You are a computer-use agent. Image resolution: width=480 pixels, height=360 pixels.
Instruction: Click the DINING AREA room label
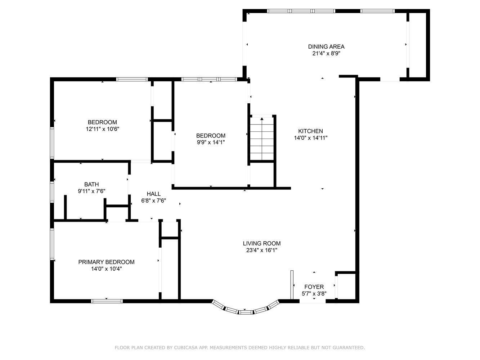[x=326, y=46]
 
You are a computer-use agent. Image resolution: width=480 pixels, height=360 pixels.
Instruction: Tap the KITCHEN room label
[x=310, y=131]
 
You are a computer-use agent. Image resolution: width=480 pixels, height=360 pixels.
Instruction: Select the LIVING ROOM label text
[x=261, y=243]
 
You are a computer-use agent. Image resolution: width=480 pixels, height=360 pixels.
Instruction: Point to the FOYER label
[x=314, y=287]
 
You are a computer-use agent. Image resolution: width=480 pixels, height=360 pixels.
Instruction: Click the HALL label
[x=153, y=194]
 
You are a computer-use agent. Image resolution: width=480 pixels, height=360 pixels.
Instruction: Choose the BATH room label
[x=91, y=184]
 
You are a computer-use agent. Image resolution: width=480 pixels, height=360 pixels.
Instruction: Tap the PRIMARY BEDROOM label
[x=106, y=262]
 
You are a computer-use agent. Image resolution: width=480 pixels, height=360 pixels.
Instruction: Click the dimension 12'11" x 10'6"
[x=102, y=129]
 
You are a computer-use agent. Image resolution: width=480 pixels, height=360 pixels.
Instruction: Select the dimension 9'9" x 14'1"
[x=211, y=142]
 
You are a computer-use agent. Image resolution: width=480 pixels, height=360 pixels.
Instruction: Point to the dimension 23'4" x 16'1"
[x=261, y=250]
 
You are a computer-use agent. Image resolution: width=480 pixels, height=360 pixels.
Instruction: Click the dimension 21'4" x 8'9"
[x=326, y=53]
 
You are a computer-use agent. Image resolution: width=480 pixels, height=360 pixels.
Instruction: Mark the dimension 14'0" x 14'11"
[x=310, y=138]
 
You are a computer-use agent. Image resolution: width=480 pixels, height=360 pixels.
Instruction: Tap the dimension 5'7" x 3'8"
[x=314, y=293]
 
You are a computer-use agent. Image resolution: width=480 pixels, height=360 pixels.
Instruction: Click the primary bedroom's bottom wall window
[x=107, y=301]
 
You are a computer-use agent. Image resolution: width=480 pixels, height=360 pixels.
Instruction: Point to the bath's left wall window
[x=52, y=192]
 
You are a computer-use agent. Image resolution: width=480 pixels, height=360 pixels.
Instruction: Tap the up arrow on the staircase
[x=262, y=119]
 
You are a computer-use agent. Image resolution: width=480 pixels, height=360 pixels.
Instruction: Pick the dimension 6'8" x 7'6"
[x=153, y=201]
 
